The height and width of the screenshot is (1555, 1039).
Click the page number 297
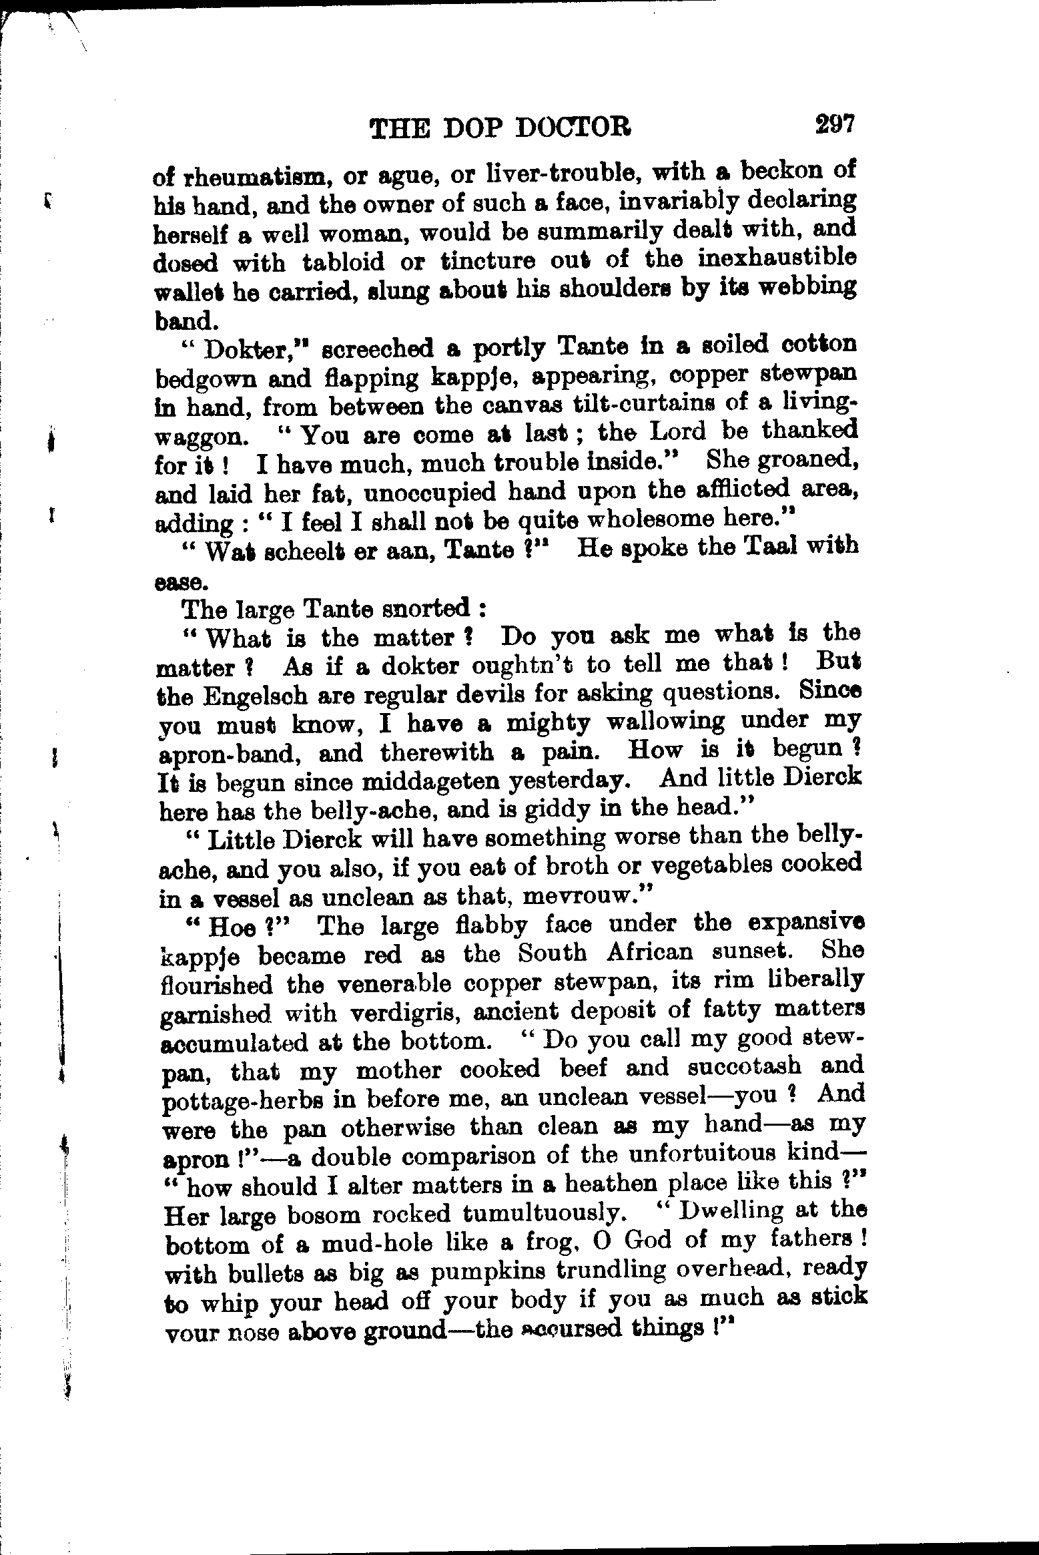[834, 124]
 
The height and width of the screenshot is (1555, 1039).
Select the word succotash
[739, 1067]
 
